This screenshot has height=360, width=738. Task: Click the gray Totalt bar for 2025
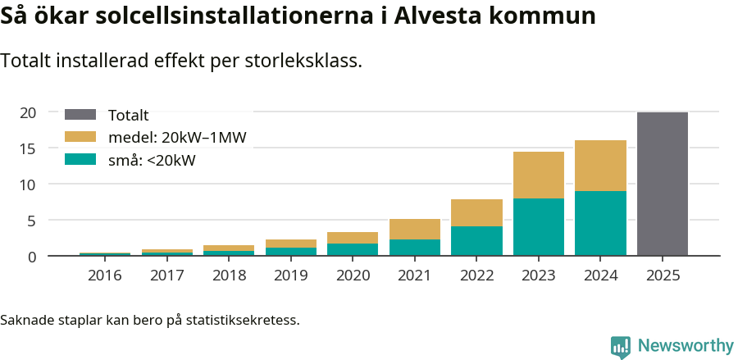point(663,185)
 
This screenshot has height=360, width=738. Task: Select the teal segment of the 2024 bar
point(600,223)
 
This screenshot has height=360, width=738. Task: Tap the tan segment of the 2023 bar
point(539,175)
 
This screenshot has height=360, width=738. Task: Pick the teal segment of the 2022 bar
point(476,241)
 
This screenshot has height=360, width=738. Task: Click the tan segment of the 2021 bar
point(415,229)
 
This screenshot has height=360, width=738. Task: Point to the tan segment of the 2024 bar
point(600,166)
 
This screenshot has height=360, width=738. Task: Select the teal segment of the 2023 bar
point(539,227)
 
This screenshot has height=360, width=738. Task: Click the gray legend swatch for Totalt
point(80,116)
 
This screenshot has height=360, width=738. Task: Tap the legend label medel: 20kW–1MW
point(177,138)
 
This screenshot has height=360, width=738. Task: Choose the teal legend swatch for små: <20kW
point(80,160)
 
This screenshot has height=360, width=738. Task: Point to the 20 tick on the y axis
point(29,112)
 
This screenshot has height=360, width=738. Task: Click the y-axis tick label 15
point(29,148)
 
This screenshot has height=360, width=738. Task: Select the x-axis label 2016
point(105,276)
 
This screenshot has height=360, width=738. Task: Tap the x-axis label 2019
point(291,276)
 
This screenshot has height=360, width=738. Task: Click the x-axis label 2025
point(663,276)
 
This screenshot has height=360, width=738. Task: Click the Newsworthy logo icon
point(621,346)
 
